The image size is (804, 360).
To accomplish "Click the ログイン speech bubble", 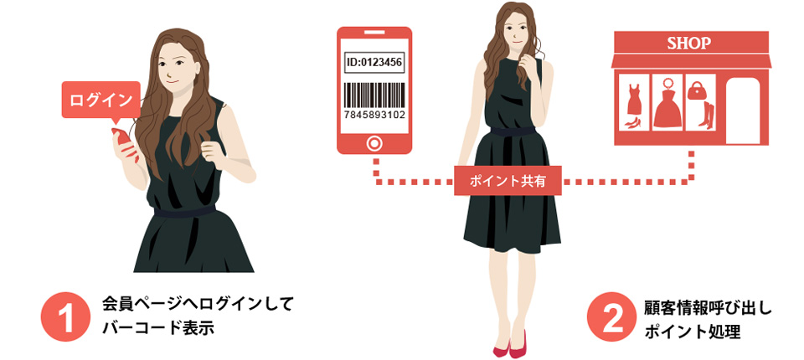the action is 101,100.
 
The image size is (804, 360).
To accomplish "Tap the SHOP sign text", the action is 689,43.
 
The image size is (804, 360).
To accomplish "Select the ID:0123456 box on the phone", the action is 374,63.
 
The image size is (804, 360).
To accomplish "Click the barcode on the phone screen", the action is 374,95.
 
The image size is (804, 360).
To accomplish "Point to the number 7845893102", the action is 374,115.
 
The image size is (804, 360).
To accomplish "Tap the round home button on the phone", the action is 374,143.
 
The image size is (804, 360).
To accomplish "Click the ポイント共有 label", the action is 508,181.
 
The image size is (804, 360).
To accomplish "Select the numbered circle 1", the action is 65,316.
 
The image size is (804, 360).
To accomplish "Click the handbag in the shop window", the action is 697,91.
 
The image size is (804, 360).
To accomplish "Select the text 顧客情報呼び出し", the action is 708,309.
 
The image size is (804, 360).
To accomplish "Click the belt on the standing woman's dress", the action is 513,131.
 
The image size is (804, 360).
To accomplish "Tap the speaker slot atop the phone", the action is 374,33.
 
